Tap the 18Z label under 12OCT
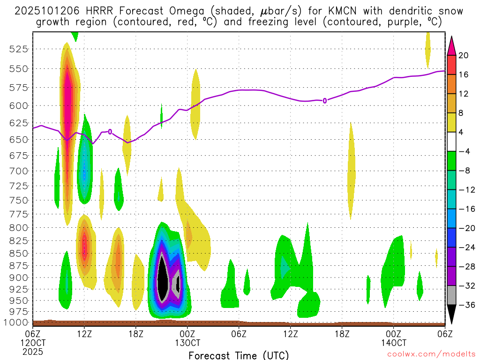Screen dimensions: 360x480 pyautogui.click(x=135, y=334)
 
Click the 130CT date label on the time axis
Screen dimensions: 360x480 pyautogui.click(x=187, y=343)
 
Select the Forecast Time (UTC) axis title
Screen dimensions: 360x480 pyautogui.click(x=239, y=355)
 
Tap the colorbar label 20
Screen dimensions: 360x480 pyautogui.click(x=464, y=55)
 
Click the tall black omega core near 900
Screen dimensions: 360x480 pyautogui.click(x=162, y=277)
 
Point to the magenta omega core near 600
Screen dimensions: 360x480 pyautogui.click(x=67, y=98)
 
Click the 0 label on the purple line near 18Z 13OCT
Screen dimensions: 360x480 pyautogui.click(x=325, y=101)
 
